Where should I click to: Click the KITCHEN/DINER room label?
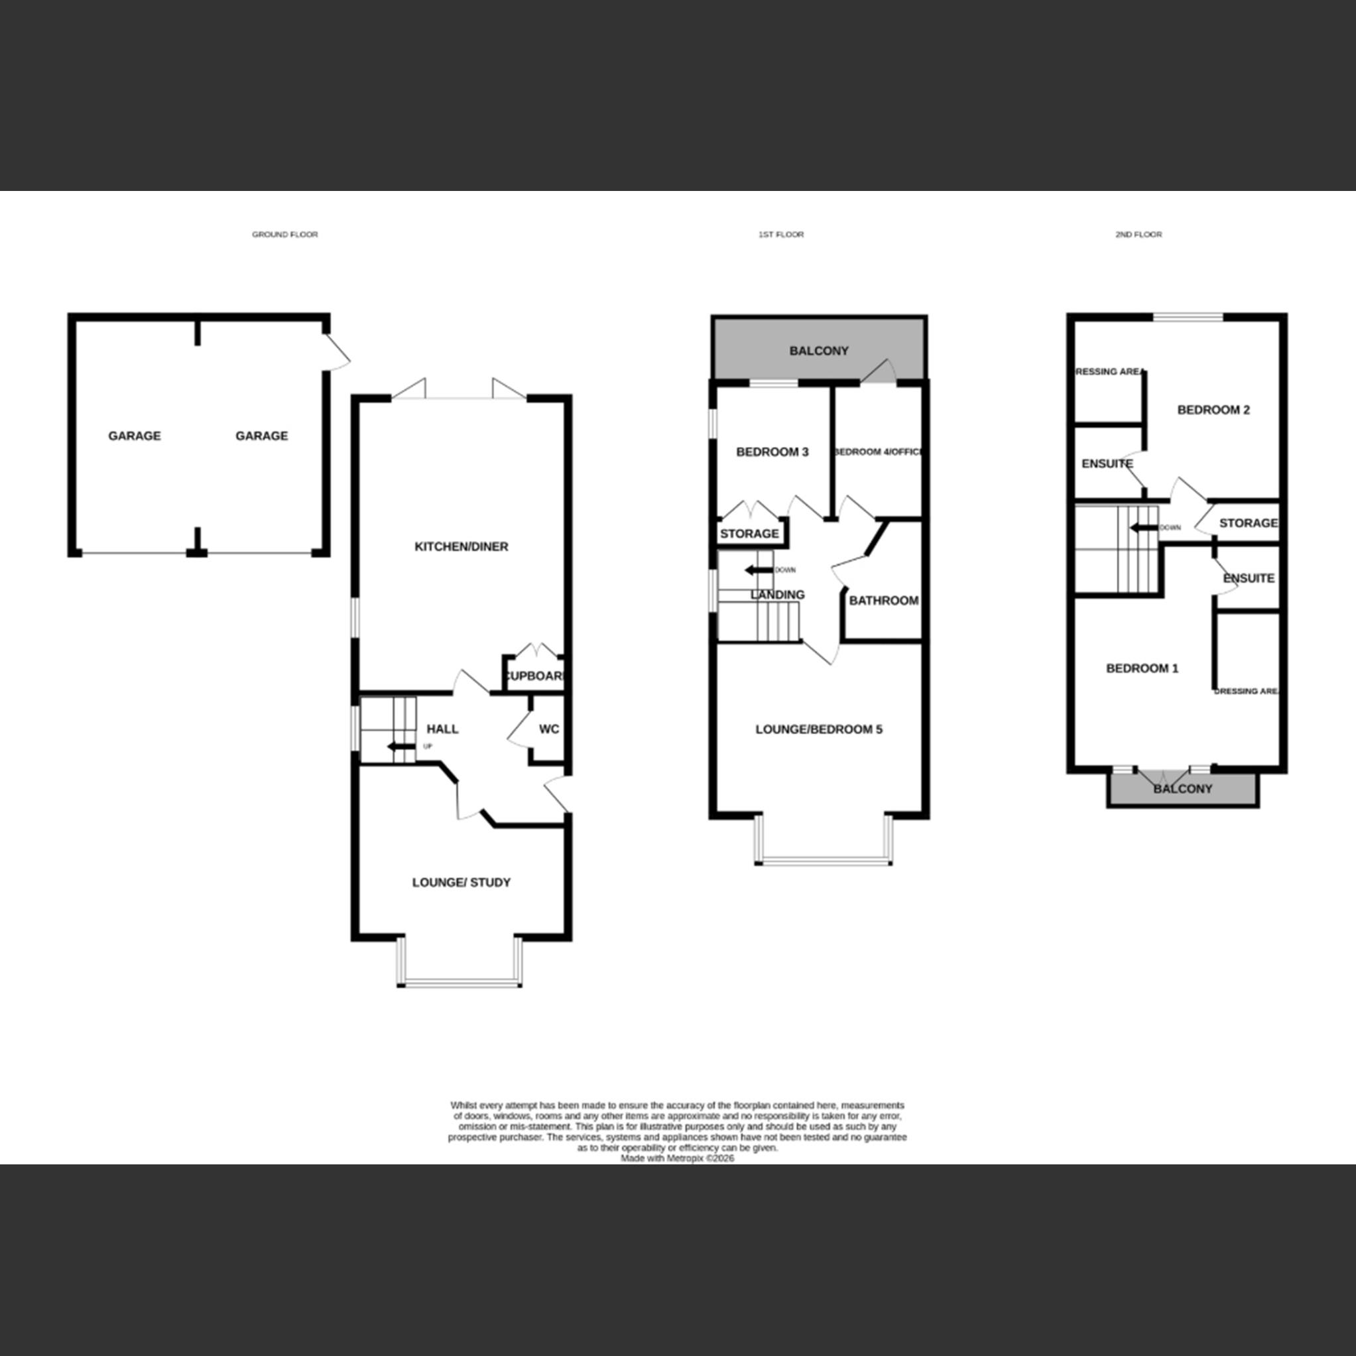461,547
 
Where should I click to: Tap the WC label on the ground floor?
549,729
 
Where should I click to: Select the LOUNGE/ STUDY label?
461,883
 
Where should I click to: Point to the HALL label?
442,729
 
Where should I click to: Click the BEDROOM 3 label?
772,452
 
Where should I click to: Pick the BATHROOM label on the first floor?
884,601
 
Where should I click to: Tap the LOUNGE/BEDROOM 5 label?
818,729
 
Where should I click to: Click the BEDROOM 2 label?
1213,410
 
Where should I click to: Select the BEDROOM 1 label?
1142,668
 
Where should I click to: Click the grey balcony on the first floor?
818,350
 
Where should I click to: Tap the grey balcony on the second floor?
1183,789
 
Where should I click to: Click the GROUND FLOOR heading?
285,235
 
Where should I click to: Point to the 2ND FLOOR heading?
1139,235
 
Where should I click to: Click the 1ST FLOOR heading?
780,235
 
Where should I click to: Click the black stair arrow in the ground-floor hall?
401,747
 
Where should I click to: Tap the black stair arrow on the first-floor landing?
759,570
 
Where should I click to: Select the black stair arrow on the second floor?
1143,528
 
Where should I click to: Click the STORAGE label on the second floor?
1248,523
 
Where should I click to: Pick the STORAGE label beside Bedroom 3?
749,533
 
